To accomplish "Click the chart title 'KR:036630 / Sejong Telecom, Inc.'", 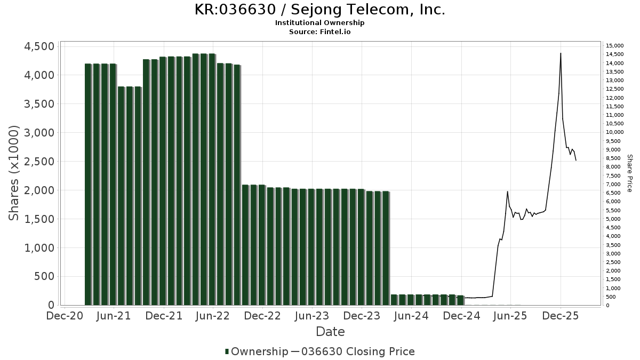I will click(x=320, y=10).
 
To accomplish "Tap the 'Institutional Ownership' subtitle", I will click(x=320, y=23).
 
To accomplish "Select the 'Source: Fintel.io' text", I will click(x=320, y=31).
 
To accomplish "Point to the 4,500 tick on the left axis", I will click(x=39, y=46).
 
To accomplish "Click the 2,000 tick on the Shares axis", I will click(x=39, y=190).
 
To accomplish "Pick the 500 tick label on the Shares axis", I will click(x=44, y=277).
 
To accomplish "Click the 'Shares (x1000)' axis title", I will click(x=14, y=173).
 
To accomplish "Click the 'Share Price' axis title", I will click(x=629, y=173).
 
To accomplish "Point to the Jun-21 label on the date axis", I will click(x=114, y=316).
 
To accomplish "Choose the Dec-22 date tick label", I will click(x=262, y=316).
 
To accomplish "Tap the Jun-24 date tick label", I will click(x=411, y=316).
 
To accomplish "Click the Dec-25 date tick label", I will click(x=561, y=316).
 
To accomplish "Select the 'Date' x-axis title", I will click(x=330, y=332).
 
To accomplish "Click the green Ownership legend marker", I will click(x=227, y=351).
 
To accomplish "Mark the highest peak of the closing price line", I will click(x=561, y=53).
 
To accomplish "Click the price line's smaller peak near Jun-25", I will click(x=507, y=191).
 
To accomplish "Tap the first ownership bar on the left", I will click(x=88, y=184).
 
